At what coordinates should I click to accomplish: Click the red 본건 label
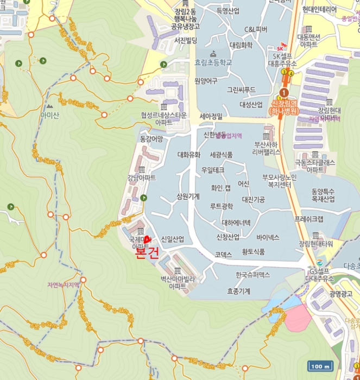147,253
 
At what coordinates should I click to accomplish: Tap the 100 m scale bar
319,366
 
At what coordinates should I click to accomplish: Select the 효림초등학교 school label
213,63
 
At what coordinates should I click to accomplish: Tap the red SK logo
281,48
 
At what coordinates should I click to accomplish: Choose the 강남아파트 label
141,178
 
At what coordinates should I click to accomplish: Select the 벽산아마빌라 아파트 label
178,282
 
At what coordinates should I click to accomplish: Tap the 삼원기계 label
188,197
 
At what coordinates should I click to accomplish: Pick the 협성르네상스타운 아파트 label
163,118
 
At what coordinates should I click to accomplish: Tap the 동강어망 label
151,140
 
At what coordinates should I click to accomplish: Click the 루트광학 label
222,206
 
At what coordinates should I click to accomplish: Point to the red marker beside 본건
147,239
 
